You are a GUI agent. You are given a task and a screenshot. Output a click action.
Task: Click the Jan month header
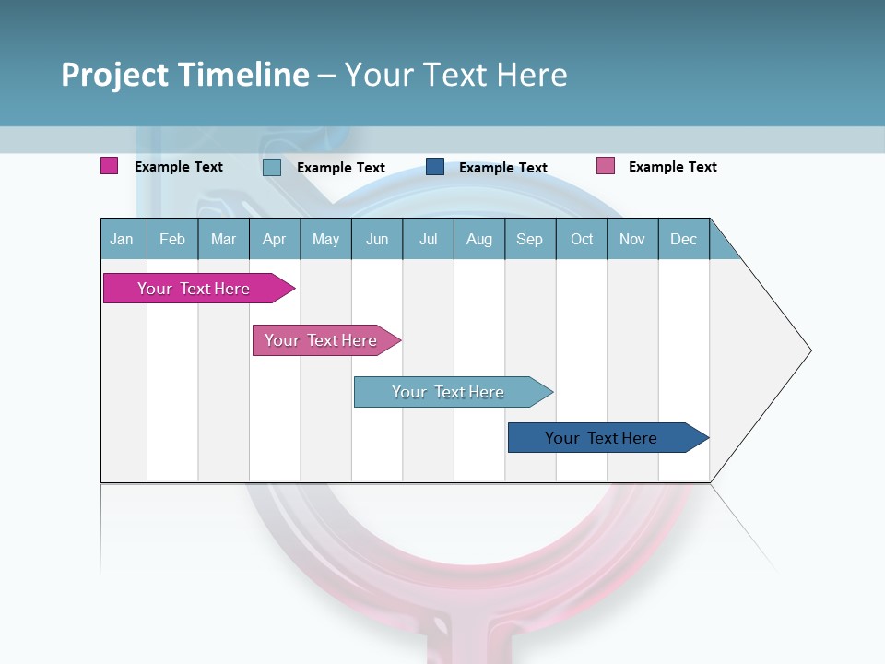coord(122,239)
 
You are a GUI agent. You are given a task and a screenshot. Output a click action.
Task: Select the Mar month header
coord(223,239)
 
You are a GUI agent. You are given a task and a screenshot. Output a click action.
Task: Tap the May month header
coord(325,239)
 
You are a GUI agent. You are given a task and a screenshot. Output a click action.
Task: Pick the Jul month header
coord(428,239)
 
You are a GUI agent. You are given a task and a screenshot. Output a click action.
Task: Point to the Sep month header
coord(529,239)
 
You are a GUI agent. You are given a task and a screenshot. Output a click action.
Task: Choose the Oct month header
coord(582,239)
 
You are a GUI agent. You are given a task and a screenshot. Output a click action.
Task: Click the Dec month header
coord(683,239)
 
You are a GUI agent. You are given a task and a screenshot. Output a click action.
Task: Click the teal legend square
coord(272,167)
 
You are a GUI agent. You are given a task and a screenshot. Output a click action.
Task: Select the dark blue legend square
coord(435,167)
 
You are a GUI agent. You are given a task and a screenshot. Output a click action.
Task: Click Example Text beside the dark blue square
coord(503,168)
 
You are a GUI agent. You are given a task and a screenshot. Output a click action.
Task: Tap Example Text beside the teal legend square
coord(341,168)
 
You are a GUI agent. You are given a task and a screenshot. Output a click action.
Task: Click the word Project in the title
coord(115,75)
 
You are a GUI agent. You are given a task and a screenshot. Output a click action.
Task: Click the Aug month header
coord(478,239)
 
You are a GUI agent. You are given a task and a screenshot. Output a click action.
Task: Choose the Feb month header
coord(172,239)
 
